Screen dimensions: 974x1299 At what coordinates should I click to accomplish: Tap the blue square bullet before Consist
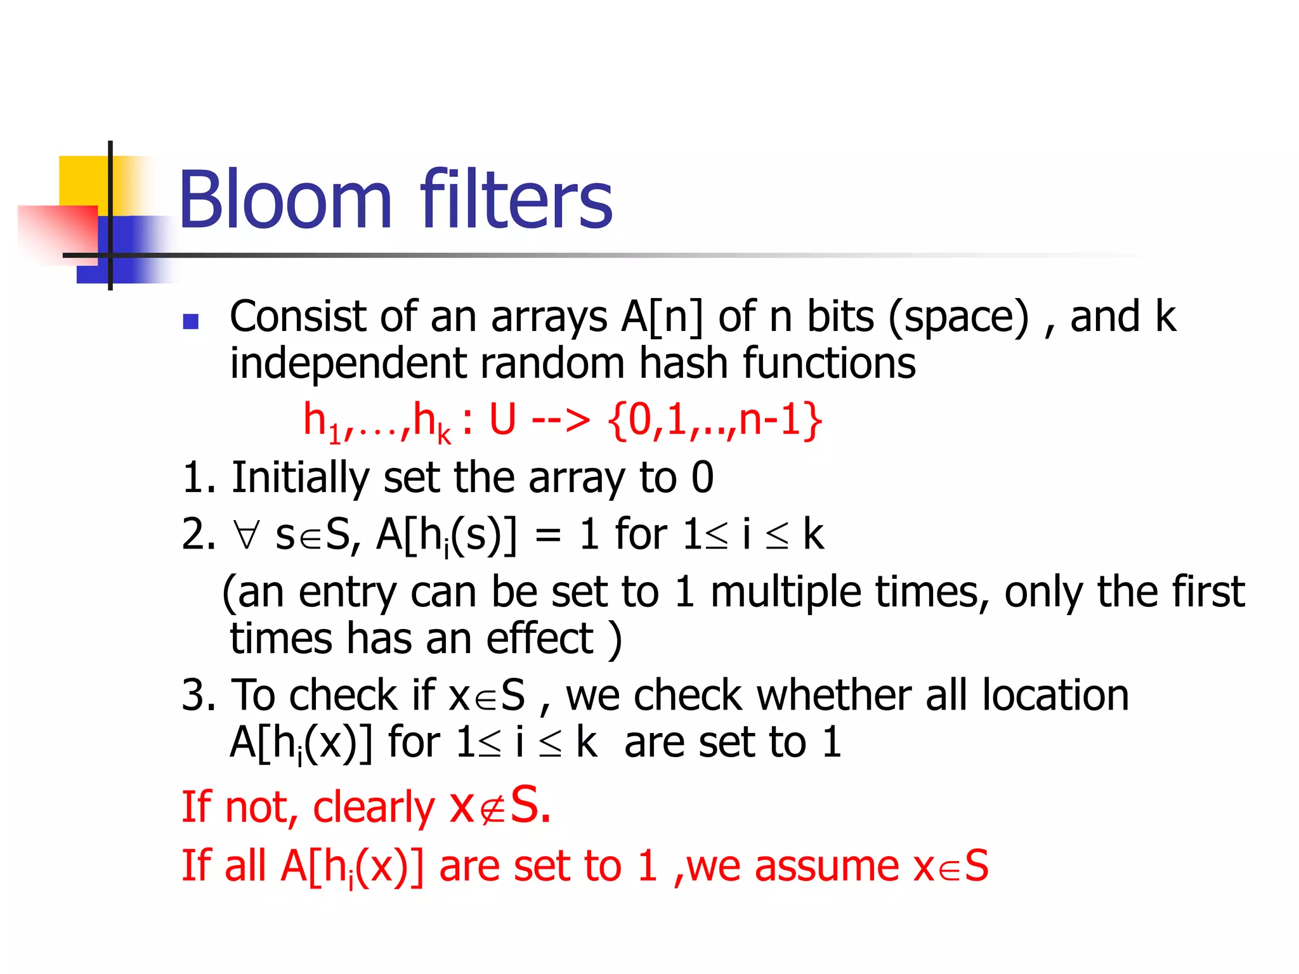pyautogui.click(x=190, y=321)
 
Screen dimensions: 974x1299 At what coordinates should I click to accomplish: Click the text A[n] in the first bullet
pyautogui.click(x=662, y=316)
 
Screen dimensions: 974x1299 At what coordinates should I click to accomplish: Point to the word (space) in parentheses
pyautogui.click(x=958, y=316)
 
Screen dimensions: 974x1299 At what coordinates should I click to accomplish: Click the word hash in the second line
pyautogui.click(x=682, y=363)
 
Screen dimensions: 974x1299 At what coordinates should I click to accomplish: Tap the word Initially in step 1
pyautogui.click(x=300, y=477)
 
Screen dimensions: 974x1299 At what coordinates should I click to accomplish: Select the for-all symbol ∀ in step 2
pyautogui.click(x=246, y=535)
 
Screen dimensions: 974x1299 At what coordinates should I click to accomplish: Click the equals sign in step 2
pyautogui.click(x=547, y=535)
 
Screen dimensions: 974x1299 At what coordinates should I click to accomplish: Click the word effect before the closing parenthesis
pyautogui.click(x=540, y=639)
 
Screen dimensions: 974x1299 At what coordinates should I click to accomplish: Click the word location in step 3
pyautogui.click(x=1055, y=695)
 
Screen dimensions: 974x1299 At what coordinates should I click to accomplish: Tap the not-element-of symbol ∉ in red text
pyautogui.click(x=493, y=808)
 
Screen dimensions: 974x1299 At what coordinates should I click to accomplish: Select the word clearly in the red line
pyautogui.click(x=374, y=808)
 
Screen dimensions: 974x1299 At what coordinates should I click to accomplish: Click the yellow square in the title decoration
pyautogui.click(x=82, y=181)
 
